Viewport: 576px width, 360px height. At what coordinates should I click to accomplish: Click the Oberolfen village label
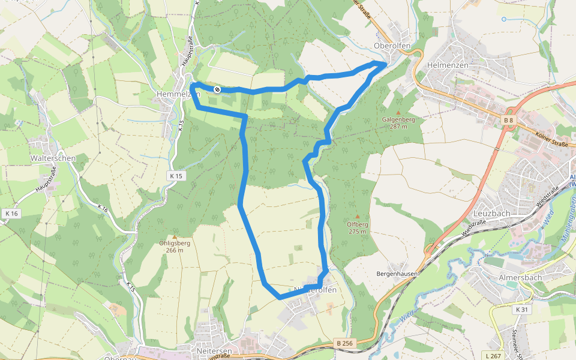pyautogui.click(x=391, y=46)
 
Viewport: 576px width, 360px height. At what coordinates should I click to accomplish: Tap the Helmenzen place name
pyautogui.click(x=447, y=64)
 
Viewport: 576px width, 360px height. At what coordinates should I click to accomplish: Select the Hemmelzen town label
pyautogui.click(x=177, y=94)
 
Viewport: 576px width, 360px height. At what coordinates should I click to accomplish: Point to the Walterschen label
pyautogui.click(x=53, y=158)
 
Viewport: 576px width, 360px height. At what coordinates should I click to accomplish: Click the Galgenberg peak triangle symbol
pyautogui.click(x=398, y=112)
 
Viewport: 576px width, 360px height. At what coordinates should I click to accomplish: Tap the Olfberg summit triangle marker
pyautogui.click(x=358, y=217)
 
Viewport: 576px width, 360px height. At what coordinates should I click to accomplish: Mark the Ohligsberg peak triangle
pyautogui.click(x=175, y=237)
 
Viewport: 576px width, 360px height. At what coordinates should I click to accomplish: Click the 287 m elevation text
pyautogui.click(x=398, y=127)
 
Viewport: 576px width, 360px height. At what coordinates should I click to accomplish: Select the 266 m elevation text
pyautogui.click(x=175, y=250)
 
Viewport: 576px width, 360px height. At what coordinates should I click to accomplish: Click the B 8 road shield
pyautogui.click(x=509, y=121)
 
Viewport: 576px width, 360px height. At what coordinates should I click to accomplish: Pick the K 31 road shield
pyautogui.click(x=521, y=310)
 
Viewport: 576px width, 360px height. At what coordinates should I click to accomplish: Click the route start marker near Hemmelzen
pyautogui.click(x=217, y=89)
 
